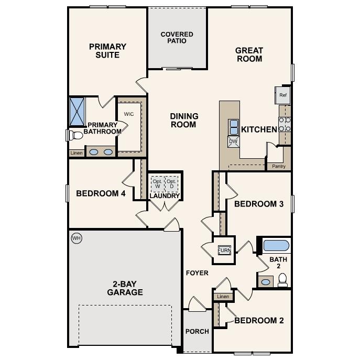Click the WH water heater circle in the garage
point(77,238)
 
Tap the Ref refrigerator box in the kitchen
point(283,95)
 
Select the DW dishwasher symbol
point(233,140)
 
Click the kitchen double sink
point(233,126)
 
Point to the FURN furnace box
point(224,250)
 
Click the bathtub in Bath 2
point(276,245)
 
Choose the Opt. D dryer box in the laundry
point(171,183)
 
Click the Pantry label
point(279,166)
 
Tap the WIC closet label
point(129,114)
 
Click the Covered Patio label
point(177,38)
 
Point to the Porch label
point(197,331)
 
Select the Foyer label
point(197,273)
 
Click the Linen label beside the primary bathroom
point(76,153)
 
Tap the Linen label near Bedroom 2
point(223,297)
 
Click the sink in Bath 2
point(266,282)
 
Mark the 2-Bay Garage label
point(125,288)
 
